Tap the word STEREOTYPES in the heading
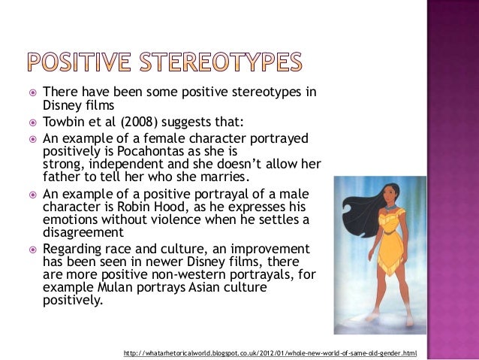point(225,62)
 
